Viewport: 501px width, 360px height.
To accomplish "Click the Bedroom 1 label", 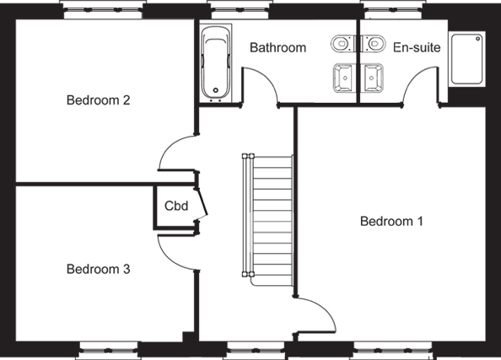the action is [x=391, y=221].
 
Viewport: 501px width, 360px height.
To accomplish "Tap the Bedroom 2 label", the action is [x=99, y=100].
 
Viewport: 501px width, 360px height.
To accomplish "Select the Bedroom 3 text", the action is [x=99, y=269].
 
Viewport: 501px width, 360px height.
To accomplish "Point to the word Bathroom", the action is [x=278, y=47].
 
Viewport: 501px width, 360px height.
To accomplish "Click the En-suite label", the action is [x=417, y=47].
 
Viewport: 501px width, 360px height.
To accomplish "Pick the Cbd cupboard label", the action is [x=176, y=206].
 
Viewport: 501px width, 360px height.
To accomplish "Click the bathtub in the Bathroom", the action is [x=216, y=62].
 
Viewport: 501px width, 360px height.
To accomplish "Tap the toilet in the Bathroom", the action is [x=342, y=43].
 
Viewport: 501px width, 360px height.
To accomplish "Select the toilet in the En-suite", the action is [x=374, y=43].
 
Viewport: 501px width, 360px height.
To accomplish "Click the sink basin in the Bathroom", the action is [x=344, y=78].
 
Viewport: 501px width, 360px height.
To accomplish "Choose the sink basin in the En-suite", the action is [x=372, y=78].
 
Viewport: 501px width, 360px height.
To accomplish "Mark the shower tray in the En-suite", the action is [x=467, y=59].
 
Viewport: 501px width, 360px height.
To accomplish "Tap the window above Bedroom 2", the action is [x=103, y=9].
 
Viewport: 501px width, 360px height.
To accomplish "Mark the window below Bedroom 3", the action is [x=109, y=351].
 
